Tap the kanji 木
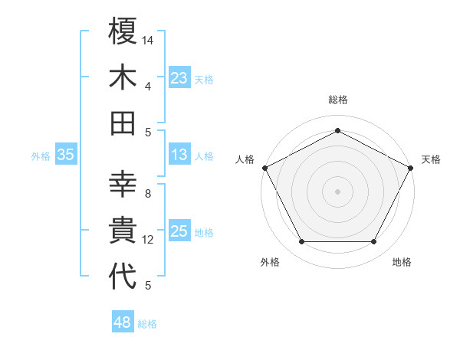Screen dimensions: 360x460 click(x=123, y=77)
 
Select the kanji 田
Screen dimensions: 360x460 click(x=123, y=123)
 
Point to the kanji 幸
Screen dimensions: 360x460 click(x=123, y=185)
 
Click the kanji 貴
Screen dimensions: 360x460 click(x=123, y=231)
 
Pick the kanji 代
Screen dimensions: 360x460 click(x=123, y=277)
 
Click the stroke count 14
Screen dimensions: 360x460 click(x=148, y=40)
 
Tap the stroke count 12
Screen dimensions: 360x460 click(x=148, y=240)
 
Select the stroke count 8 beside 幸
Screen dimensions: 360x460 click(x=147, y=195)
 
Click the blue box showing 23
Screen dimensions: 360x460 click(x=179, y=78)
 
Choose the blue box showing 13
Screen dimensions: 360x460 click(x=179, y=155)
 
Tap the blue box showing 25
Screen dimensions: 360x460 click(x=179, y=231)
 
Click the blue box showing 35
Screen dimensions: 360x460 click(x=65, y=155)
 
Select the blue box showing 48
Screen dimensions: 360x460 click(x=123, y=322)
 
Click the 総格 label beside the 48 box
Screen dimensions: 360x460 click(x=147, y=324)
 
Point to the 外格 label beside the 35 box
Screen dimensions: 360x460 click(x=41, y=156)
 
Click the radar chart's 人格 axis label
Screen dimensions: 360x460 click(x=245, y=159)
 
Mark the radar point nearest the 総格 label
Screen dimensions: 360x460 click(x=337, y=131)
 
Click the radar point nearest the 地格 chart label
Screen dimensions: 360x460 click(x=374, y=242)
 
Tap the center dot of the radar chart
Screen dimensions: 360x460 click(x=337, y=191)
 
